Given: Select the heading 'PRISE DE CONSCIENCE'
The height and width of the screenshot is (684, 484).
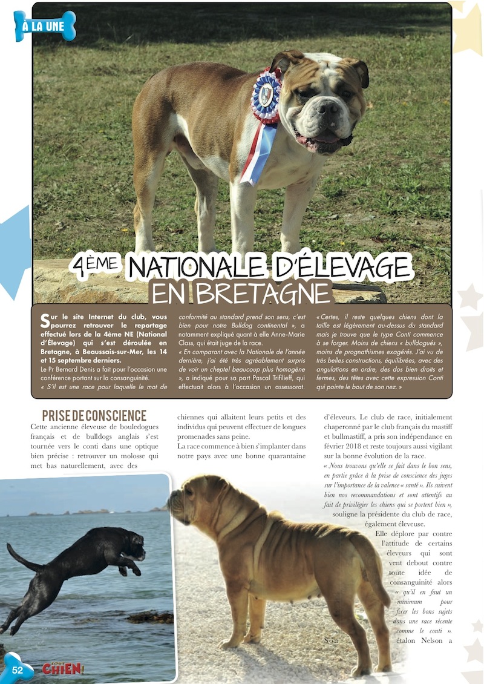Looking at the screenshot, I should coord(94,416).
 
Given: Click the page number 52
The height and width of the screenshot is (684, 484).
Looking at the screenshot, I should coord(17,669).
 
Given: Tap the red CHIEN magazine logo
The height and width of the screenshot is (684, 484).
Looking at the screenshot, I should coord(62,669).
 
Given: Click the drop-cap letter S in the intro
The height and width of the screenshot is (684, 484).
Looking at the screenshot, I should coord(45,320).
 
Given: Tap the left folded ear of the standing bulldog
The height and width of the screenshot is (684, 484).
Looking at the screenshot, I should coord(282,61).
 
